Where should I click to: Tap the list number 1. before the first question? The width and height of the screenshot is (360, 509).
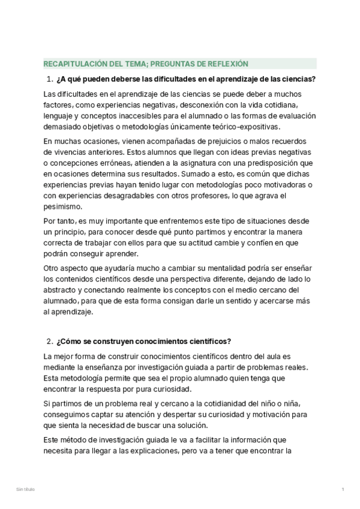coord(49,80)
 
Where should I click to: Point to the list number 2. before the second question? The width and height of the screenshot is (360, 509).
coord(49,342)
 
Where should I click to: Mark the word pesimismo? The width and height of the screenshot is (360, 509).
coord(64,206)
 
